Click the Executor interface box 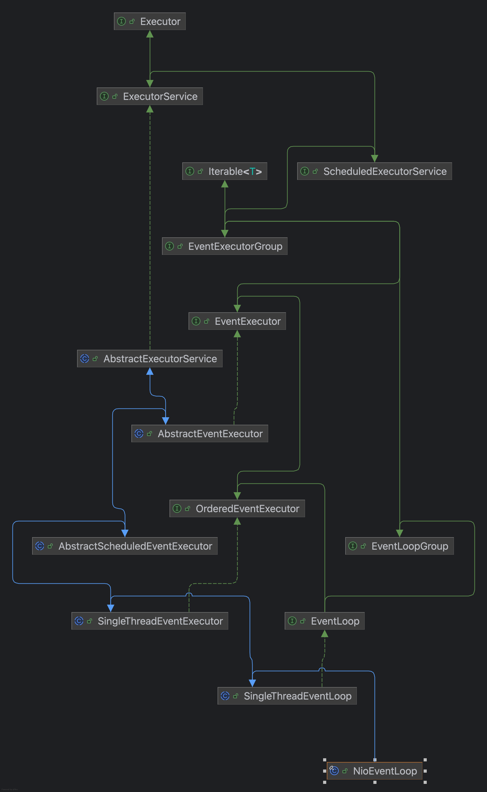(x=150, y=21)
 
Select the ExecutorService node (x=150, y=96)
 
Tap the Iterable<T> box (x=225, y=171)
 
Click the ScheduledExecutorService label (x=385, y=171)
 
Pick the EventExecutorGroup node (x=225, y=246)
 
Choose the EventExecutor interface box (x=237, y=321)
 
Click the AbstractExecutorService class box (x=150, y=358)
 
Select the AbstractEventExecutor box (x=200, y=433)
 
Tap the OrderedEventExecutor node (x=237, y=508)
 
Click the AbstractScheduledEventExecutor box (x=125, y=546)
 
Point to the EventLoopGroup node (x=400, y=546)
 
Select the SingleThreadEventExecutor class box (x=150, y=621)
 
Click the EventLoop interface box (x=325, y=621)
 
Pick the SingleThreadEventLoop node (x=287, y=696)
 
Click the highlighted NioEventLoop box (x=375, y=771)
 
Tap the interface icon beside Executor (x=121, y=21)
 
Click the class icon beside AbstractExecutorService (x=84, y=358)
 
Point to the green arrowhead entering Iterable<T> (x=225, y=184)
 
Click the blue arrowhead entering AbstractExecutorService (x=150, y=371)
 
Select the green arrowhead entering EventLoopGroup (x=400, y=533)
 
